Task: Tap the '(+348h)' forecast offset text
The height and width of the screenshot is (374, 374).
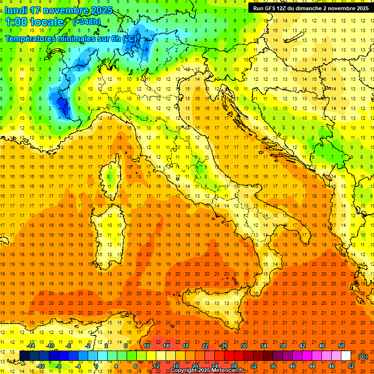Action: (x=87, y=21)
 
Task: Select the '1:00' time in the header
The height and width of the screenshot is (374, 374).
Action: (x=17, y=22)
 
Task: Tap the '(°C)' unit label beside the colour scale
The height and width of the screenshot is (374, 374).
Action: (x=363, y=356)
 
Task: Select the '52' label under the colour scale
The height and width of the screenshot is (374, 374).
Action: (x=351, y=366)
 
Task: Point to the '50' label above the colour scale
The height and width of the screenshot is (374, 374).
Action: (x=341, y=346)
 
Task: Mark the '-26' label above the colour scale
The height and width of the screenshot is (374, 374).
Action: (x=224, y=346)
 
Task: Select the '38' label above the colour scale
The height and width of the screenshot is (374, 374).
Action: (x=283, y=346)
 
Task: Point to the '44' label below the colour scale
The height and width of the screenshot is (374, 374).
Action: (x=312, y=366)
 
